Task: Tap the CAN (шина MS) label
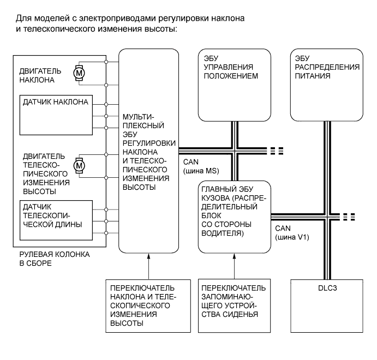199,167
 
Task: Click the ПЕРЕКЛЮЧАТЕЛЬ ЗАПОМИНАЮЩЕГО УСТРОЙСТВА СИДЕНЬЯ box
234,306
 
